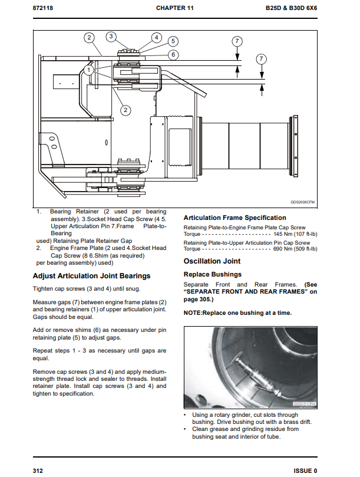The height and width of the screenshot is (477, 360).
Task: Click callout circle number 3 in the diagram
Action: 111,37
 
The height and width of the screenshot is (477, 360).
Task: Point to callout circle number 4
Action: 156,37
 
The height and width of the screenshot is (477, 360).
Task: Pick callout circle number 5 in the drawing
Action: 173,41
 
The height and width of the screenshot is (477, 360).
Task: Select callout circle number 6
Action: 173,55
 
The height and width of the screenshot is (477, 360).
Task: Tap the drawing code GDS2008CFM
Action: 302,202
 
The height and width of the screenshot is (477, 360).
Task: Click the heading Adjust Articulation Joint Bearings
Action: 91,276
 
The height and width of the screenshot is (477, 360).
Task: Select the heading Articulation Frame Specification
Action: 235,218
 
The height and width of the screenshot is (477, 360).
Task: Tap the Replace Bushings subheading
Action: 213,274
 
